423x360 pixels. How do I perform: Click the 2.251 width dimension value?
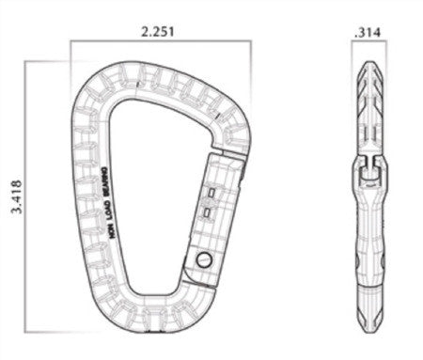[x=158, y=31]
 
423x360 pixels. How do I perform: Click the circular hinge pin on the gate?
[x=204, y=258]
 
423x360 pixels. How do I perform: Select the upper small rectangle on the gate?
[x=211, y=194]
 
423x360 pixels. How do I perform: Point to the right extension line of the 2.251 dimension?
[x=251, y=75]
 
